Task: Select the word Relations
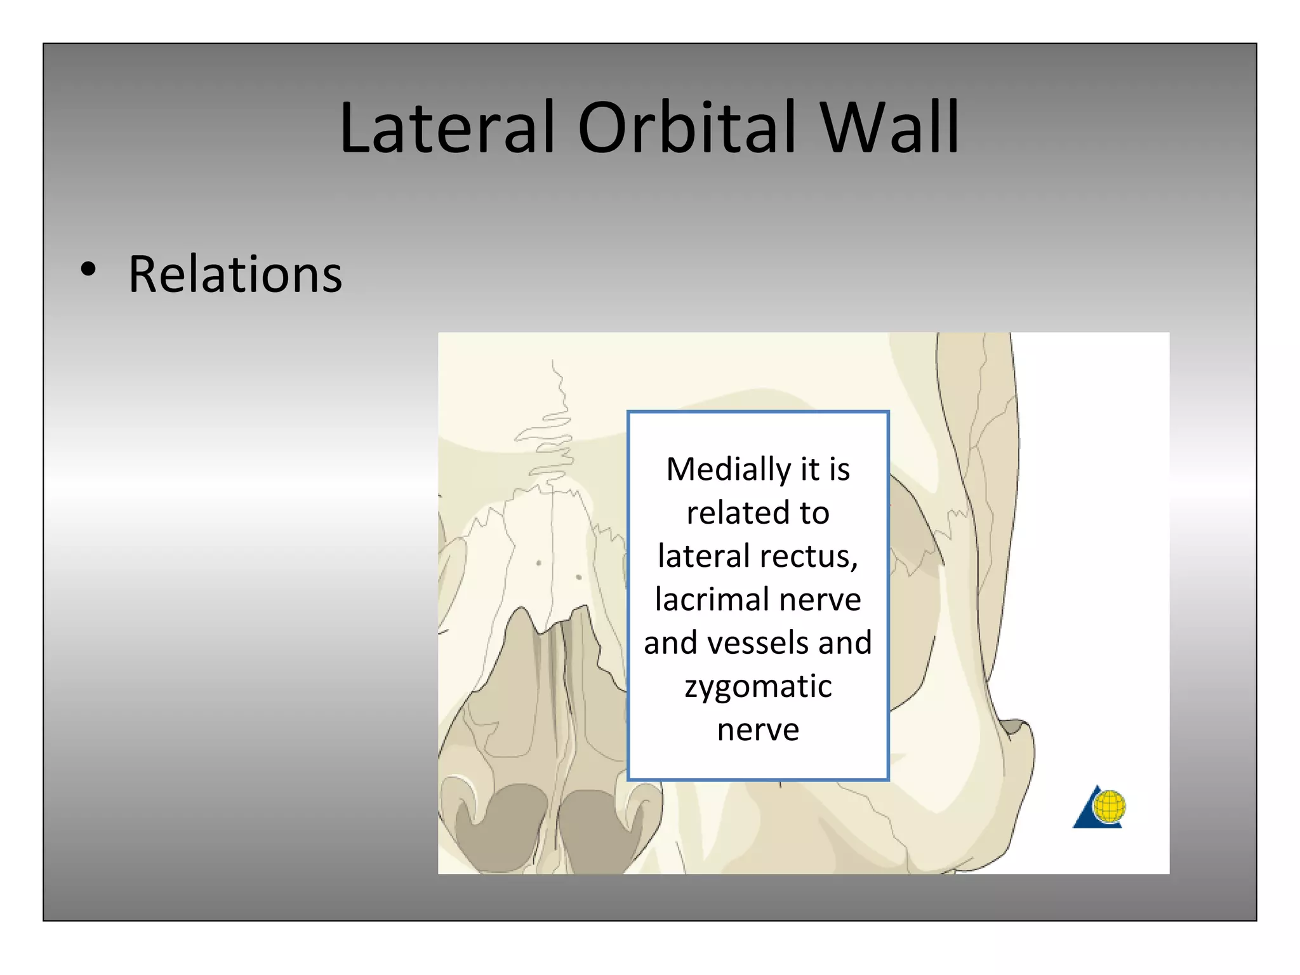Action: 235,274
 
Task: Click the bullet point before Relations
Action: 88,269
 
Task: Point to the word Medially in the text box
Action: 727,470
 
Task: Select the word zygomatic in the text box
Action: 758,687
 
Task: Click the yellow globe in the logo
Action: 1110,806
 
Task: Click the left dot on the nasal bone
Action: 539,563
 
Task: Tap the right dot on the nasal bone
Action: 578,577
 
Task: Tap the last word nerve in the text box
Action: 758,730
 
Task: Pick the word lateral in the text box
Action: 705,557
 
